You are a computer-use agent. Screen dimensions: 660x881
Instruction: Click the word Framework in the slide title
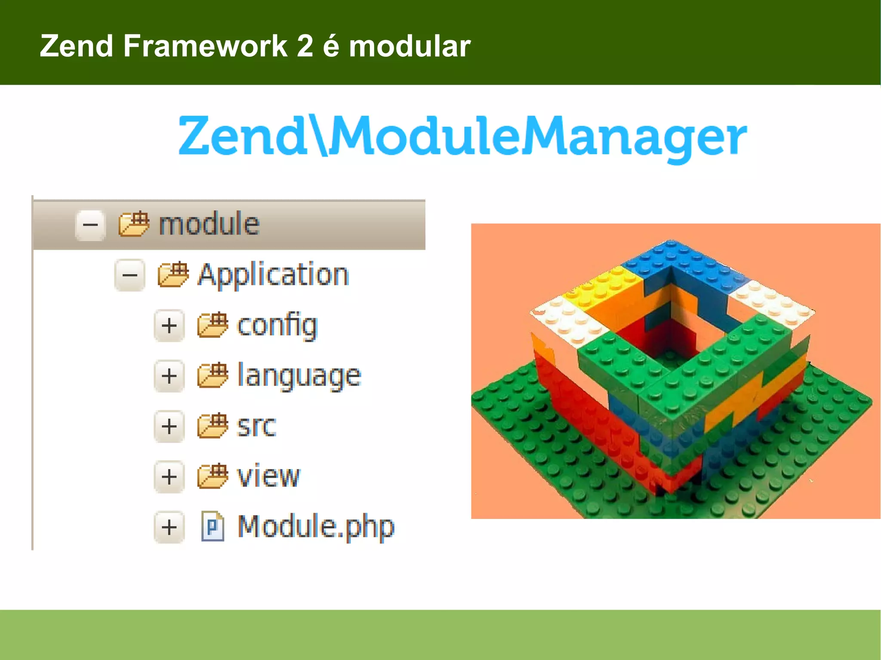click(205, 46)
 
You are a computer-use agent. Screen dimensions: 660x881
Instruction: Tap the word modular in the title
click(410, 46)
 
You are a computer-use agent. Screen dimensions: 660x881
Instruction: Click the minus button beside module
click(90, 225)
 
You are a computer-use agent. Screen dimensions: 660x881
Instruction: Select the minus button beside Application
click(130, 275)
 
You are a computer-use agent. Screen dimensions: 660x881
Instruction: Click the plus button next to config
click(169, 325)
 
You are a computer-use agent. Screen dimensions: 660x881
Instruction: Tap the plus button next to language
click(169, 376)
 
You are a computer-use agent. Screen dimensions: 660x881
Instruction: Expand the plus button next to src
click(169, 426)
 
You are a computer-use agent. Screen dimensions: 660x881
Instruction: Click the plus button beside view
click(169, 476)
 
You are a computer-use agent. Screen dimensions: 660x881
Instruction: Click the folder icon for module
click(134, 224)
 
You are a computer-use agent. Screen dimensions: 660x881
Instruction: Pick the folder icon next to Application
click(173, 275)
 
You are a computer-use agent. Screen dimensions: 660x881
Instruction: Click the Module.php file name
click(316, 526)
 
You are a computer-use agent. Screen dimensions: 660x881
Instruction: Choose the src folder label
click(256, 426)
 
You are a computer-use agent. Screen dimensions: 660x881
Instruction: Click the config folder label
click(277, 325)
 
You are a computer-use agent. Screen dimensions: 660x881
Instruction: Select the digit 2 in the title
click(305, 46)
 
